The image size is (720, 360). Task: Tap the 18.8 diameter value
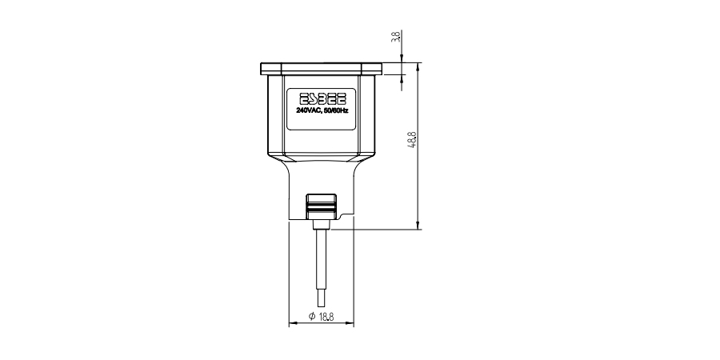326,318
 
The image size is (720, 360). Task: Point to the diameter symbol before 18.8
312,318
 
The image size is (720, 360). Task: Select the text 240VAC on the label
307,110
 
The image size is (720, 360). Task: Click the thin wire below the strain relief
321,256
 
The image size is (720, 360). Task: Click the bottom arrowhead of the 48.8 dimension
418,225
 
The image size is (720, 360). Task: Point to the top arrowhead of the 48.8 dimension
418,66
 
